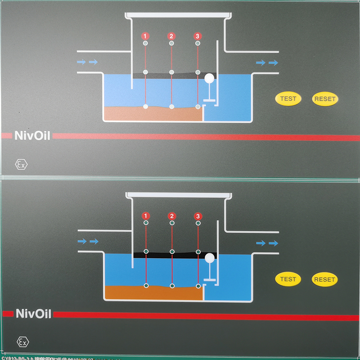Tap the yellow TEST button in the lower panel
(288, 279)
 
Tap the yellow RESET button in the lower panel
(324, 279)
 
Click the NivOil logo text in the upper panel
(32, 135)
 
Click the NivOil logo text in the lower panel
(33, 313)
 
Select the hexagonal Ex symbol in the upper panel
(21, 164)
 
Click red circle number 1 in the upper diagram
(145, 36)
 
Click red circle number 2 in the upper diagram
(171, 36)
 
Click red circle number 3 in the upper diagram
(197, 36)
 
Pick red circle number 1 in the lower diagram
(145, 216)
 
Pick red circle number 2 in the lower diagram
(171, 216)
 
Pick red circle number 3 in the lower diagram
(198, 216)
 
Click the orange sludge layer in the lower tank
(153, 293)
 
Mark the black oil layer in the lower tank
(175, 255)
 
